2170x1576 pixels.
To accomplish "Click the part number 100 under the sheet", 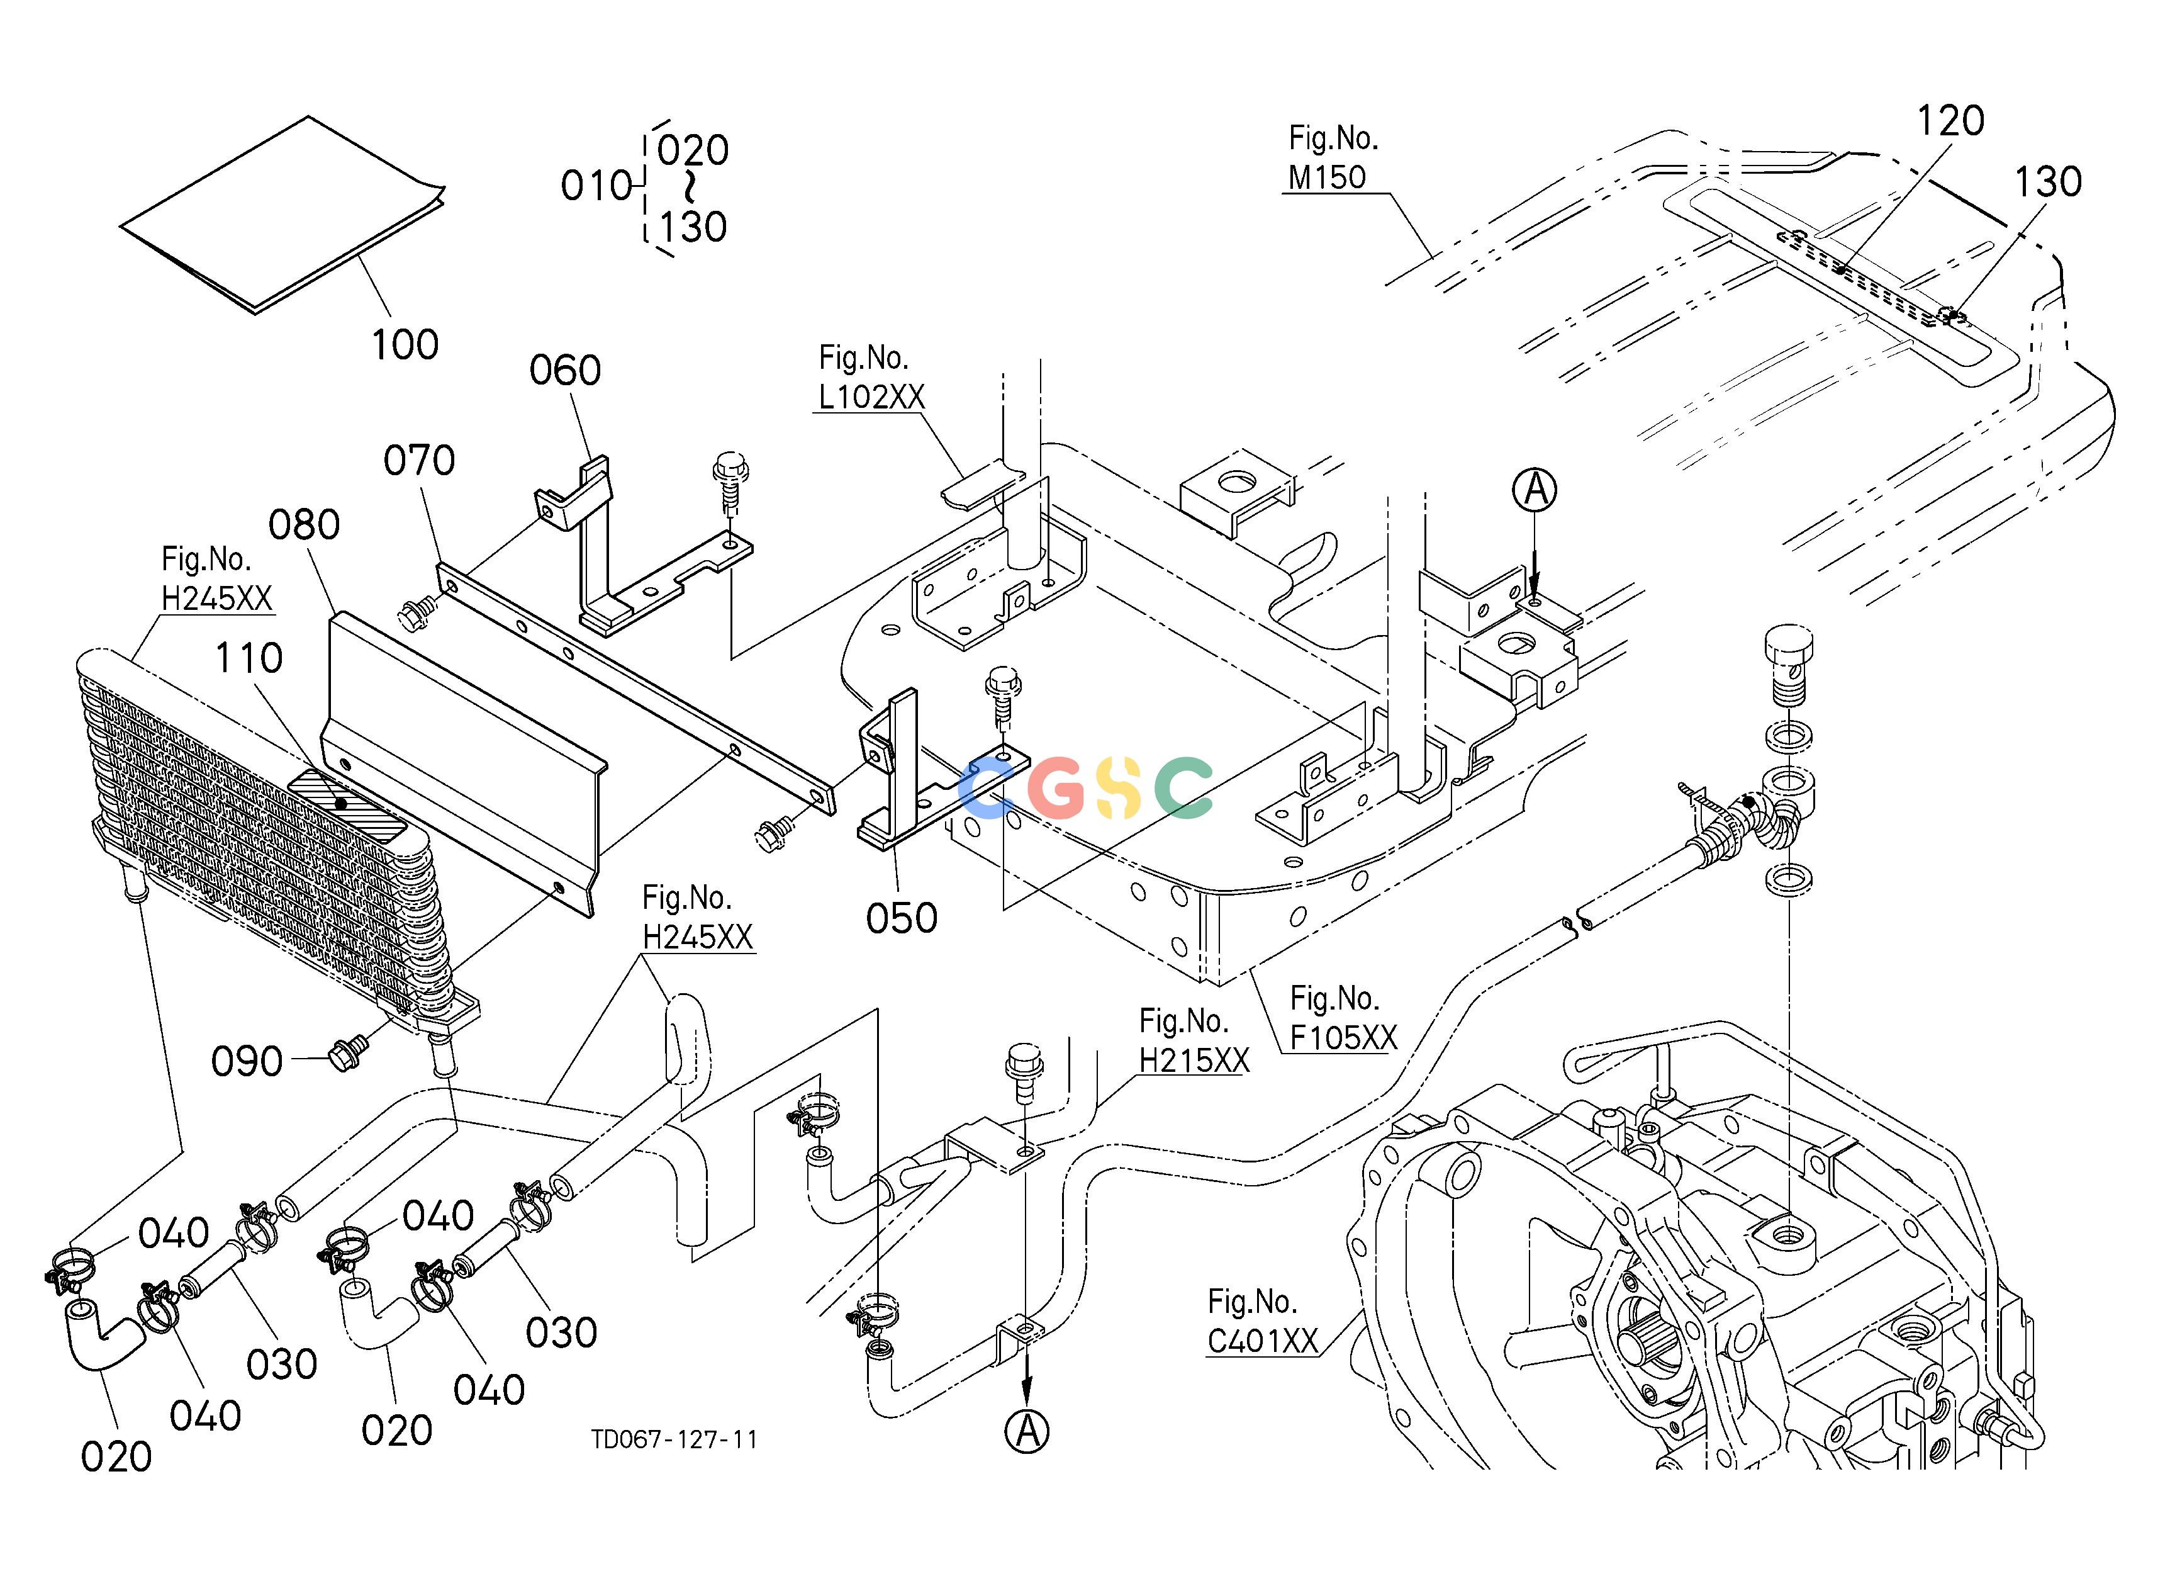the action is (405, 344).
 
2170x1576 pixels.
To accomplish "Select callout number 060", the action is (566, 370).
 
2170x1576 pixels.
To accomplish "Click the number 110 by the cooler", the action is (249, 658).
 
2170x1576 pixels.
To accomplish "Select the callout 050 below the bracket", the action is (902, 919).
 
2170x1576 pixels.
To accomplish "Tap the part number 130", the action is (2047, 182).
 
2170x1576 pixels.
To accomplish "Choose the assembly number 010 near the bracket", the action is (597, 186).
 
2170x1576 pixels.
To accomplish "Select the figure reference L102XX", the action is (871, 396).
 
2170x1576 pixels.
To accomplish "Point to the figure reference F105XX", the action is (1343, 1037).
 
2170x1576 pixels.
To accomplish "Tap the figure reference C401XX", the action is (1263, 1342).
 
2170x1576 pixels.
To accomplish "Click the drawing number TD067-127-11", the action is (674, 1440).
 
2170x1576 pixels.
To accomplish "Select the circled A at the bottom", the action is (1027, 1431).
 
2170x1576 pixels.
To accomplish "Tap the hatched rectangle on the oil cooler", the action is (347, 807).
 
